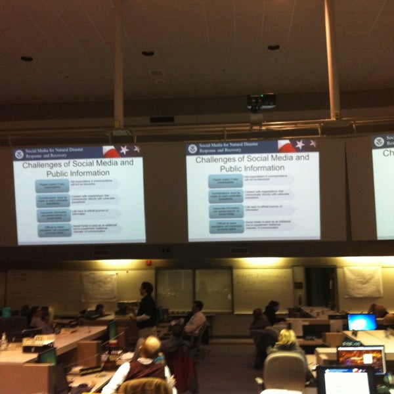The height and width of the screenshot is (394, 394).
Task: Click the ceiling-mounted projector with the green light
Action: point(261,102)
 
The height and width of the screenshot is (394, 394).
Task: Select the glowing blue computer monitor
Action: point(362,322)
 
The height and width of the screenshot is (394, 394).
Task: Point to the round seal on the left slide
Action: point(20,154)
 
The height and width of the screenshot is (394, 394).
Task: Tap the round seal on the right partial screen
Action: point(379,142)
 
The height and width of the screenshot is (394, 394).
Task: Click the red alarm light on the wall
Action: point(149,263)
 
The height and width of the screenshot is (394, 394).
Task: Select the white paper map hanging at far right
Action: point(362,281)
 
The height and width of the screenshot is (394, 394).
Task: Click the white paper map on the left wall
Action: point(99,287)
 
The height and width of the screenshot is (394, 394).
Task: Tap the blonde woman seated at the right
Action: point(288,341)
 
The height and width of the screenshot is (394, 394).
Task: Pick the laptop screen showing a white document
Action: point(345,380)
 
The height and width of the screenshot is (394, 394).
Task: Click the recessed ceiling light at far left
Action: point(26,58)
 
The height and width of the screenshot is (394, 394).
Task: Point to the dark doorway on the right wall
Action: point(320,287)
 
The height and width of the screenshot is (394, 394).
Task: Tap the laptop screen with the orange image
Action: point(361,358)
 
